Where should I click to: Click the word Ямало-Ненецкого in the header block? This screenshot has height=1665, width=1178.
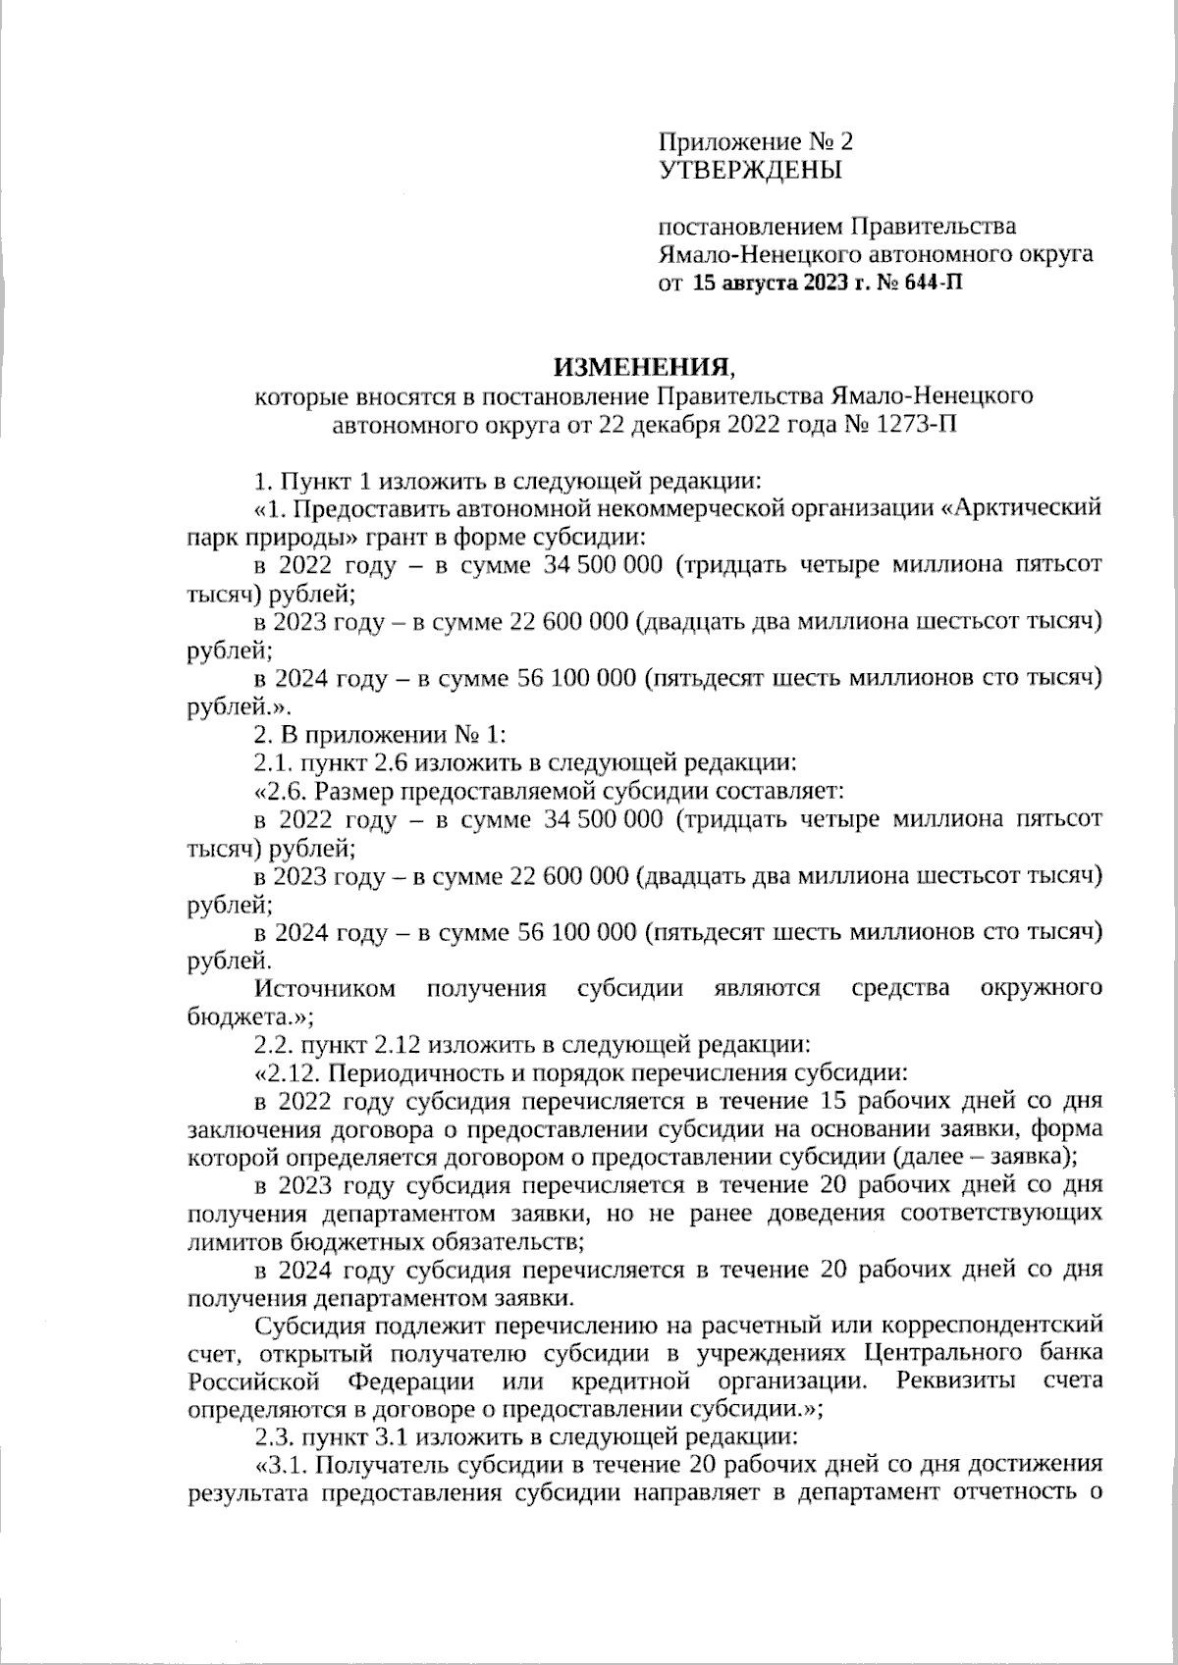(x=755, y=255)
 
